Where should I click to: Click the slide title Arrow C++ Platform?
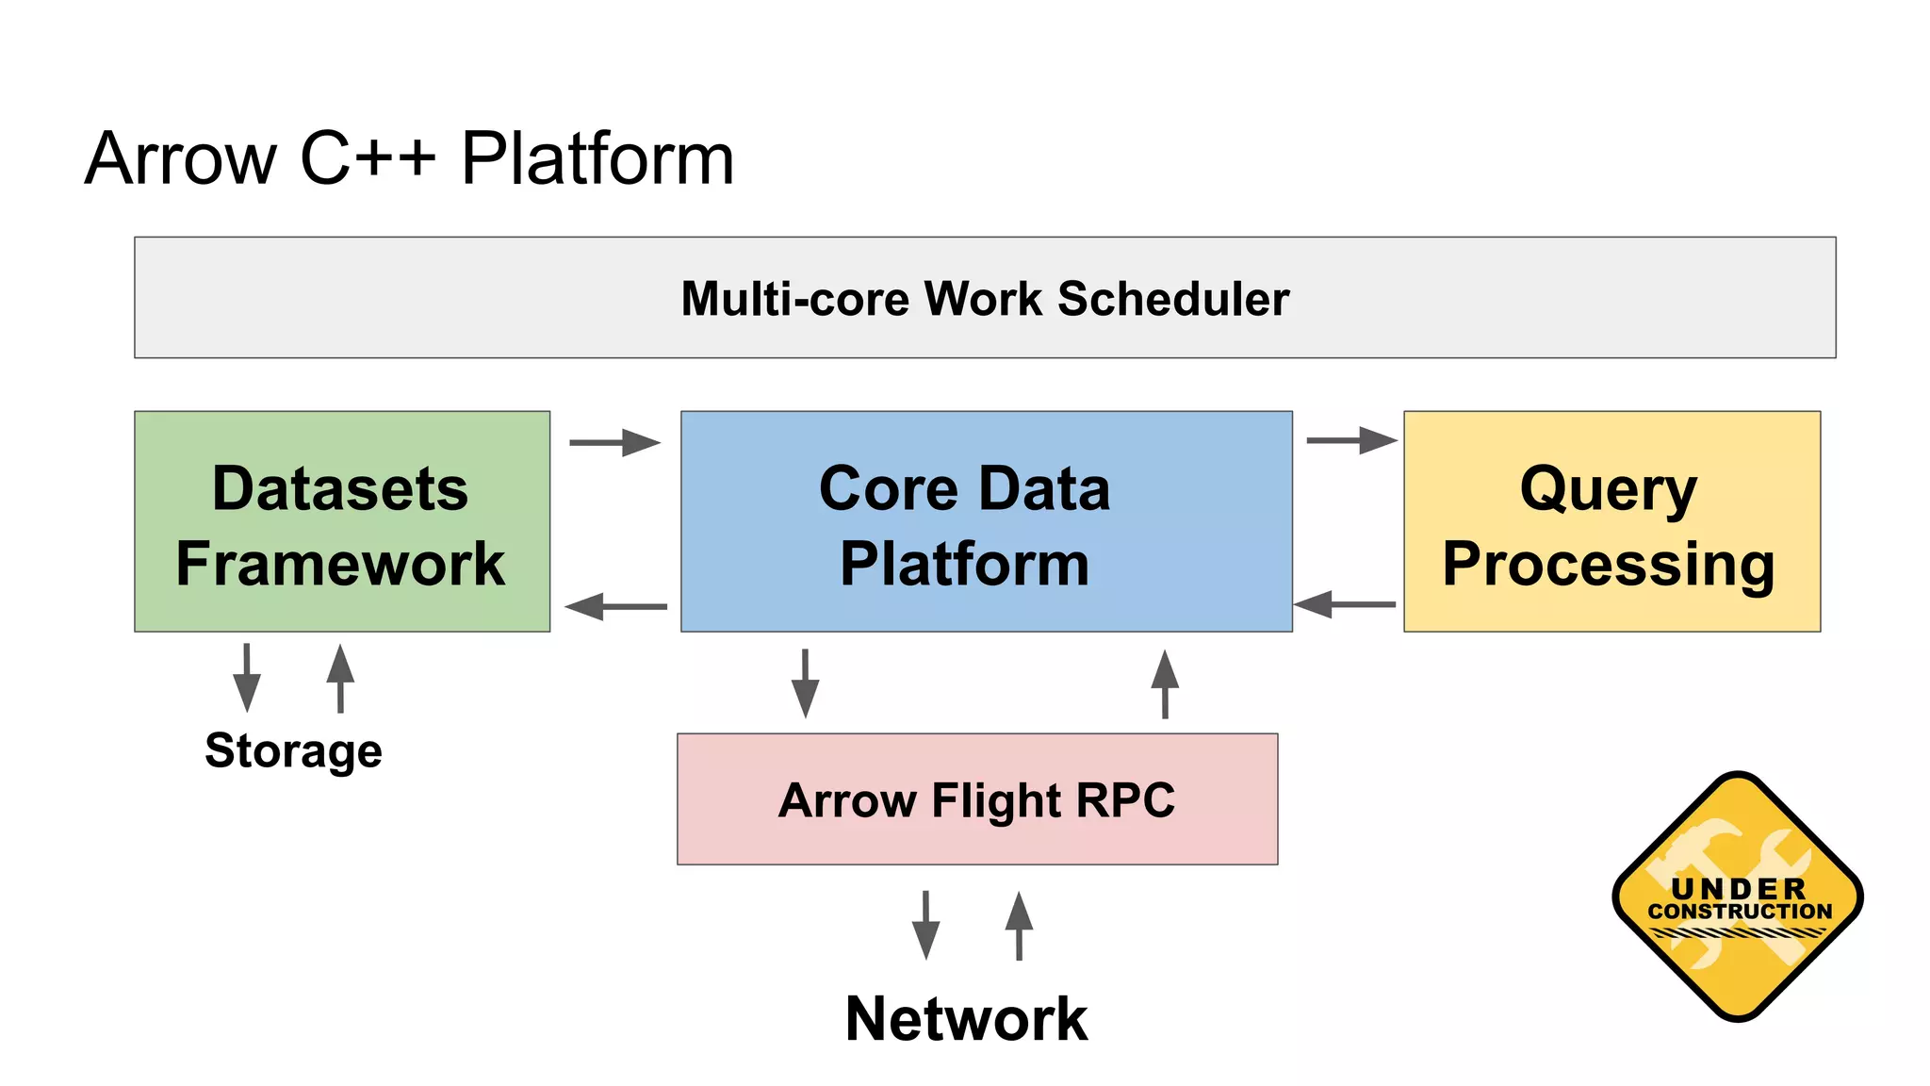tap(409, 158)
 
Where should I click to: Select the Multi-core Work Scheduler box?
tap(985, 297)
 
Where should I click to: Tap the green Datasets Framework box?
tap(341, 521)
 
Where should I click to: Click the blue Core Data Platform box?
tap(986, 521)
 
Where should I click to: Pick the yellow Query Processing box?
tap(1611, 521)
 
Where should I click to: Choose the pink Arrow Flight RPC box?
tap(977, 799)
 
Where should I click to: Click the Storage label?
tap(293, 750)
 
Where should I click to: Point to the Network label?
tap(966, 1019)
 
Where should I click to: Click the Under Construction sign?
tap(1738, 897)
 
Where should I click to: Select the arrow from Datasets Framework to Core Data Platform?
tap(614, 442)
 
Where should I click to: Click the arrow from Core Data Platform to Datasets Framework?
tap(616, 606)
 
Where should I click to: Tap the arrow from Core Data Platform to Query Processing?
tap(1351, 440)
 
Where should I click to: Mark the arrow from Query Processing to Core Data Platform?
tap(1345, 604)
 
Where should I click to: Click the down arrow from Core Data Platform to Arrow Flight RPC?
tap(805, 683)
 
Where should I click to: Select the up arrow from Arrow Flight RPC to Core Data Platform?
tap(1165, 684)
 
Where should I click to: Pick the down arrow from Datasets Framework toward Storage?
tap(247, 678)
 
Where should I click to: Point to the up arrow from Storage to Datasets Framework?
tap(340, 678)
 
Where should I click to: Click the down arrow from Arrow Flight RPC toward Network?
tap(925, 925)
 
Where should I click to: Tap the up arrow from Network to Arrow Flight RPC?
tap(1019, 925)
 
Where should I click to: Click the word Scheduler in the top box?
tap(1173, 299)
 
